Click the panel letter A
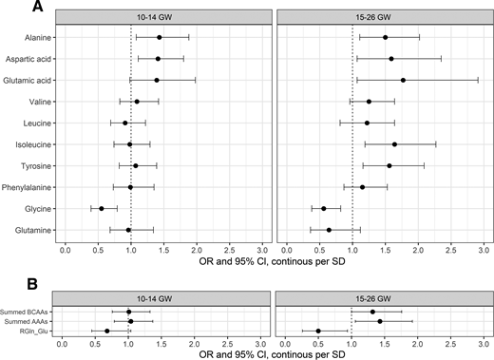[x=8, y=8]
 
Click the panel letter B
[x=8, y=282]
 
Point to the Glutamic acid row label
[x=28, y=80]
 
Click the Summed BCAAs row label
[x=28, y=312]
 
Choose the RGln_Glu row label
[x=34, y=332]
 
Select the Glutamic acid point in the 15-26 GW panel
[x=403, y=80]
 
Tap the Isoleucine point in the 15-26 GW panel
[x=394, y=144]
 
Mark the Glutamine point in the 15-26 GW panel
[x=329, y=230]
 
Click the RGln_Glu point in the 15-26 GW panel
[x=318, y=332]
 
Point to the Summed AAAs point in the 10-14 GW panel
[x=130, y=321]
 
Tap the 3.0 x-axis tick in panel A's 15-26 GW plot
[x=483, y=249]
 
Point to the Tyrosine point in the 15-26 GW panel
[x=389, y=165]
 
